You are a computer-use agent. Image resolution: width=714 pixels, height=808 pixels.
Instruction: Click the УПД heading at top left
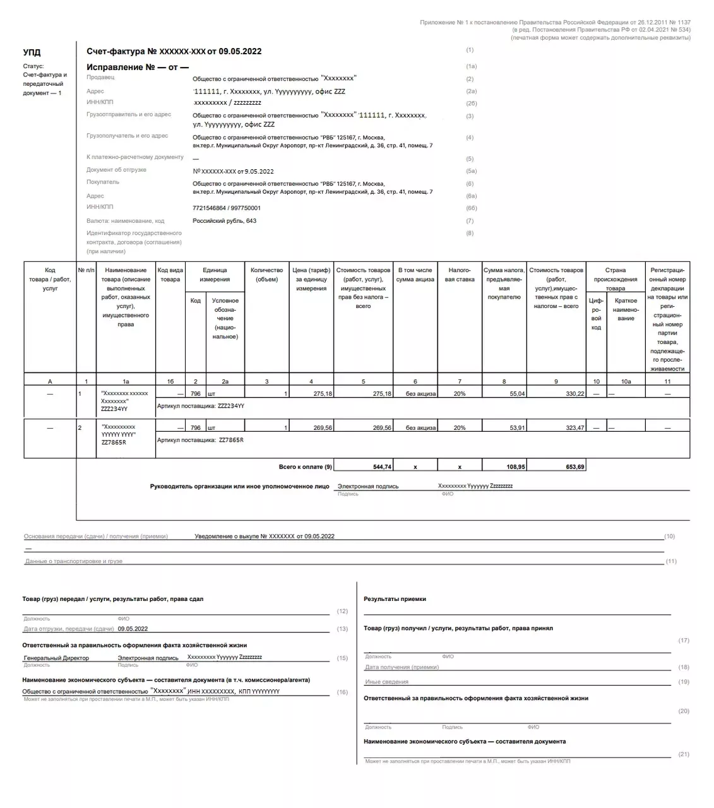[x=32, y=52]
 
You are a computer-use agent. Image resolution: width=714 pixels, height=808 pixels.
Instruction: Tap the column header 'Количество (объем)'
[x=266, y=275]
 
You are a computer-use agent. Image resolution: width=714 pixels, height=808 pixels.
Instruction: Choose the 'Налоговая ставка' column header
[x=460, y=275]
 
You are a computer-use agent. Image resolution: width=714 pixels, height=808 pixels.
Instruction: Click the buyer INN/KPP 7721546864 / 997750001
[x=227, y=208]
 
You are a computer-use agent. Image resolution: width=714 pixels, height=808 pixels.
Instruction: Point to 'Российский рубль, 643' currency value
[x=224, y=221]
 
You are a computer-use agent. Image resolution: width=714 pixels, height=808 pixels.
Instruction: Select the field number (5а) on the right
[x=471, y=171]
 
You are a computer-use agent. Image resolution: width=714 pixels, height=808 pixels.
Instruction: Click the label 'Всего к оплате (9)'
[x=306, y=467]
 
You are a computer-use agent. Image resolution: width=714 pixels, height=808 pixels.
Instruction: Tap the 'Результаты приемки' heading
[x=395, y=599]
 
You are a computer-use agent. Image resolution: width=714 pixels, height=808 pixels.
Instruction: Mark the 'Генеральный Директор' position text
[x=56, y=658]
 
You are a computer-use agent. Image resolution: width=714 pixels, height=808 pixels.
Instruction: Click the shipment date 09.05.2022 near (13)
[x=133, y=629]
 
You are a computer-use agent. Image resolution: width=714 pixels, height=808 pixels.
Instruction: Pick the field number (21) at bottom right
[x=684, y=754]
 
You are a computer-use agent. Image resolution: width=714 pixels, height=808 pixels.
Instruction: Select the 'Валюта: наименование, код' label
[x=125, y=221]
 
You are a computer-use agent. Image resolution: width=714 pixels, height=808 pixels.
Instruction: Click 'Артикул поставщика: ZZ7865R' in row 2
[x=200, y=440]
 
